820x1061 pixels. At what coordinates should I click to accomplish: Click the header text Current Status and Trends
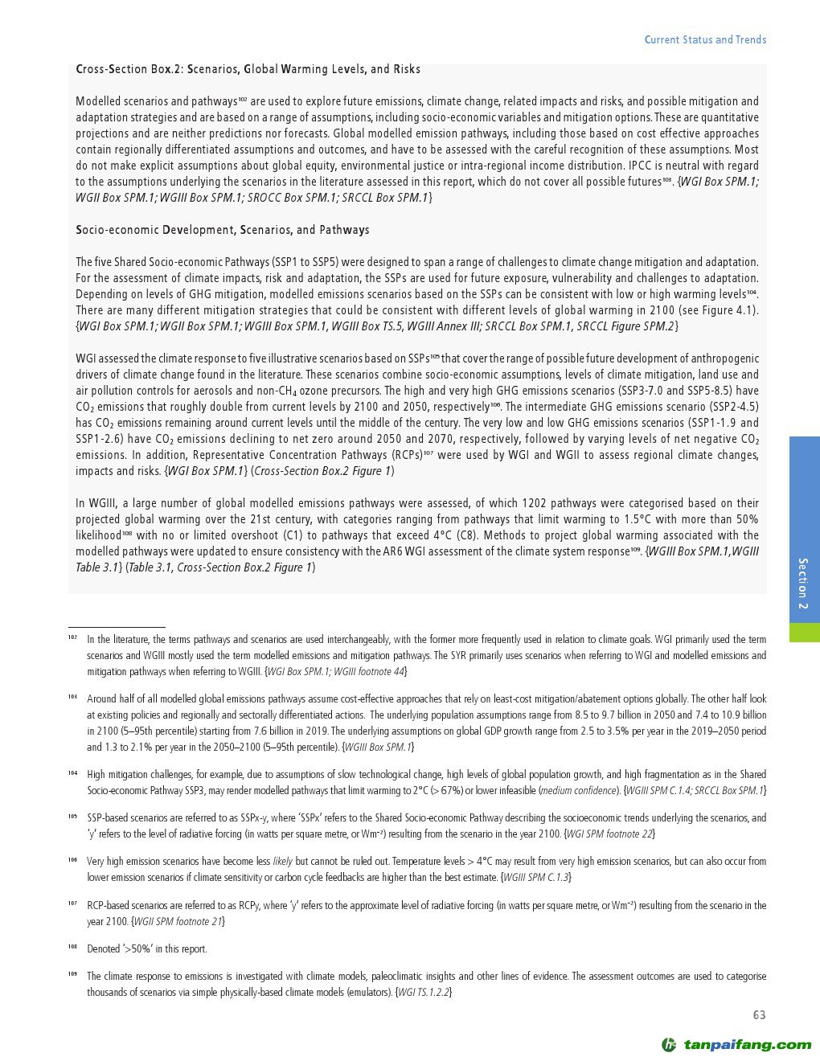[705, 39]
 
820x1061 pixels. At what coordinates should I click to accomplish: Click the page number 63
[759, 1015]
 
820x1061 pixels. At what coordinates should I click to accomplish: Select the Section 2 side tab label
[803, 583]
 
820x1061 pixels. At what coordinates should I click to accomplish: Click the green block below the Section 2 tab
[803, 632]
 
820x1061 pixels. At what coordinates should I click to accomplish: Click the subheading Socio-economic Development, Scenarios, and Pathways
[223, 230]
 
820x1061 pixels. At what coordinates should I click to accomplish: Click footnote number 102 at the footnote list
[72, 638]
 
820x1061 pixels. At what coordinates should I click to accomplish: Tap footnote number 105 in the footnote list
[72, 817]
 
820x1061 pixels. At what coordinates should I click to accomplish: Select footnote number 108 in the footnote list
[72, 948]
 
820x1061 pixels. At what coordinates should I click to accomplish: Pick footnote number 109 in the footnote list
[72, 975]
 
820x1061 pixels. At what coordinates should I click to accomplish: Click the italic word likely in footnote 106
[282, 861]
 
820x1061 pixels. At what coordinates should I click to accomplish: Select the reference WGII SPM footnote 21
[177, 921]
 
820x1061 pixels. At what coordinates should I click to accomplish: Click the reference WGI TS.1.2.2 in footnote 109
[424, 993]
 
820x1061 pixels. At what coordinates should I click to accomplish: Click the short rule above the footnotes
[117, 627]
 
